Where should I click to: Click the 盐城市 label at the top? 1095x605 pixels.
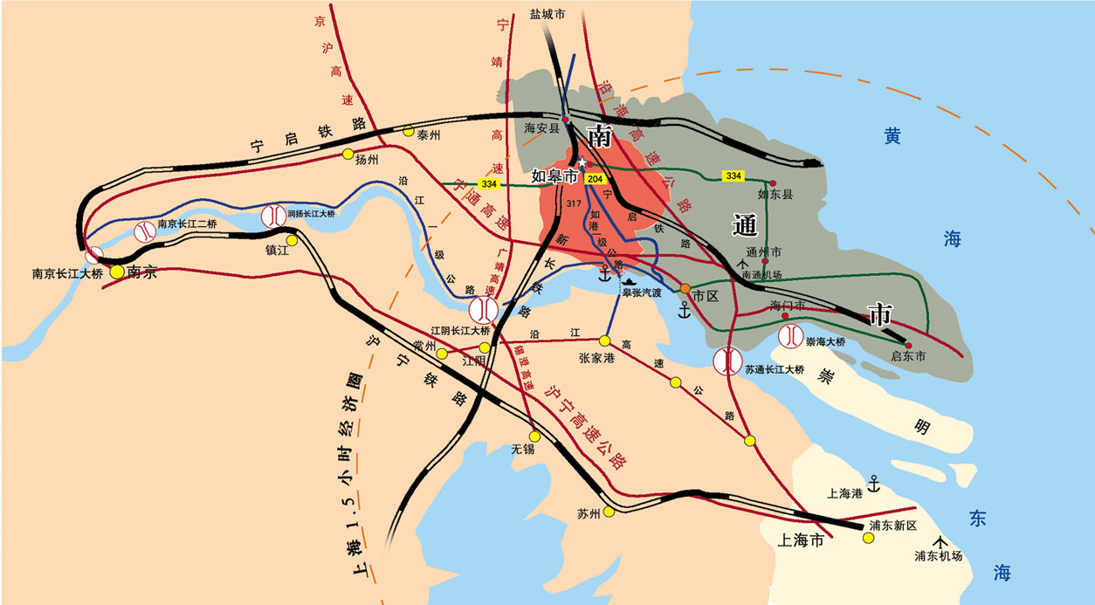click(x=547, y=15)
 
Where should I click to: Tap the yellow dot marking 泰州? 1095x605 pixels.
click(x=408, y=132)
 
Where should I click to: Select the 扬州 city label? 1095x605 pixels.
click(x=367, y=160)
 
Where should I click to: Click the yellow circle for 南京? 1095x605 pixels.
click(x=117, y=272)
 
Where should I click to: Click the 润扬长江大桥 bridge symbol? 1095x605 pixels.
click(x=272, y=214)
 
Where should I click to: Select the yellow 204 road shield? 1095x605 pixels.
click(x=596, y=179)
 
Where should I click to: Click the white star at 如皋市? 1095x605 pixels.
click(x=582, y=162)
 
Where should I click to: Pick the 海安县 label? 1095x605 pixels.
click(x=541, y=128)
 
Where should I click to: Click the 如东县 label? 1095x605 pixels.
click(x=775, y=195)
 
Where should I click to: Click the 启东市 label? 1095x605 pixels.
click(x=908, y=357)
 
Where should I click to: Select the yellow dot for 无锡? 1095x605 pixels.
click(x=534, y=437)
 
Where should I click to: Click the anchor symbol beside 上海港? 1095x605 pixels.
click(x=871, y=484)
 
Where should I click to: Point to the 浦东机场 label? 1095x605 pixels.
click(x=938, y=556)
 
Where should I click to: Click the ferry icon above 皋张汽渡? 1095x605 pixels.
click(x=628, y=279)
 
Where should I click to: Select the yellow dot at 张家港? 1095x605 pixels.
click(x=604, y=340)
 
